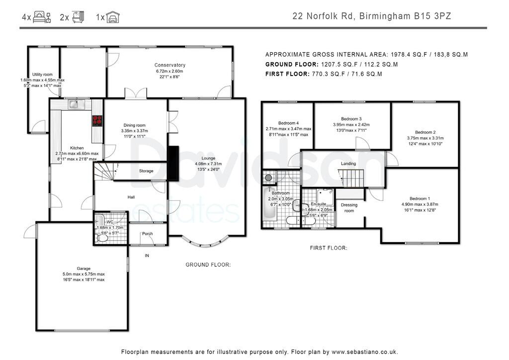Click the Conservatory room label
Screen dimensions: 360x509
pos(170,65)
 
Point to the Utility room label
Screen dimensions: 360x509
pos(42,74)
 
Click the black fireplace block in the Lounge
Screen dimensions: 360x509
pos(173,163)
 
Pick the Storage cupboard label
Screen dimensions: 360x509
pos(146,171)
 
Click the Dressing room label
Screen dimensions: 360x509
pos(349,208)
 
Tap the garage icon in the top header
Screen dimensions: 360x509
pos(113,17)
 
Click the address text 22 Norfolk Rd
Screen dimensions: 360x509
pos(323,16)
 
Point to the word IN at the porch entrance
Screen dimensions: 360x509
pos(147,256)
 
